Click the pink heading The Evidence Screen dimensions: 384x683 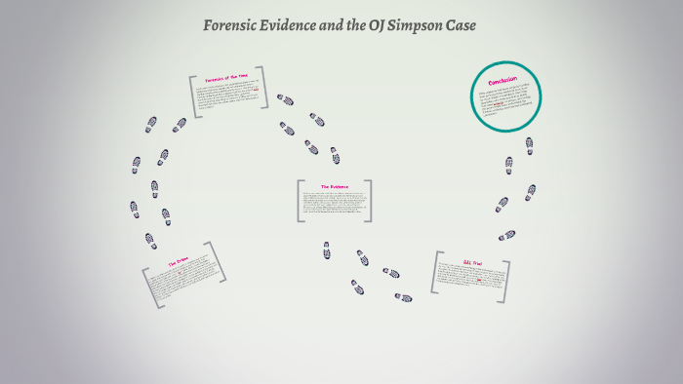[334, 186]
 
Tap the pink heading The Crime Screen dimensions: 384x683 [179, 262]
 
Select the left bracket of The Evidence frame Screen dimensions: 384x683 [299, 201]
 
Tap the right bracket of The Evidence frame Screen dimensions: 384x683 [369, 201]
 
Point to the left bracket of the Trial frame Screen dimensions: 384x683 [435, 273]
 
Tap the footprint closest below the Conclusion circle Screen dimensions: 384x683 [529, 145]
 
